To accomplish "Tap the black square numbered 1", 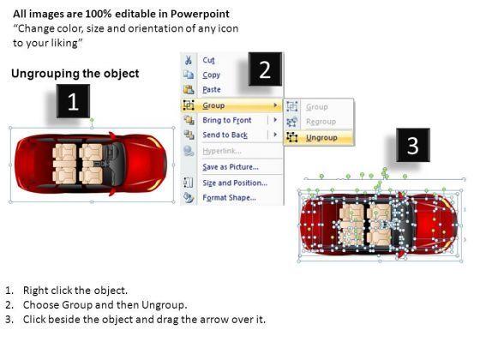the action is click(x=73, y=101).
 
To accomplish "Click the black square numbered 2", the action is click(x=265, y=69).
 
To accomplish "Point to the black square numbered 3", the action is click(x=413, y=145).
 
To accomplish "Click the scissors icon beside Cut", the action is click(x=189, y=60).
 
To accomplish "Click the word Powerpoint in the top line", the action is click(x=200, y=14).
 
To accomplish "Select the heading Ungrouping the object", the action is click(x=75, y=74).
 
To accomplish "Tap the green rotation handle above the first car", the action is click(x=92, y=120).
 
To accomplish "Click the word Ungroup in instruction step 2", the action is click(x=164, y=305).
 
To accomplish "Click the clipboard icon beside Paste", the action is click(x=189, y=89).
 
